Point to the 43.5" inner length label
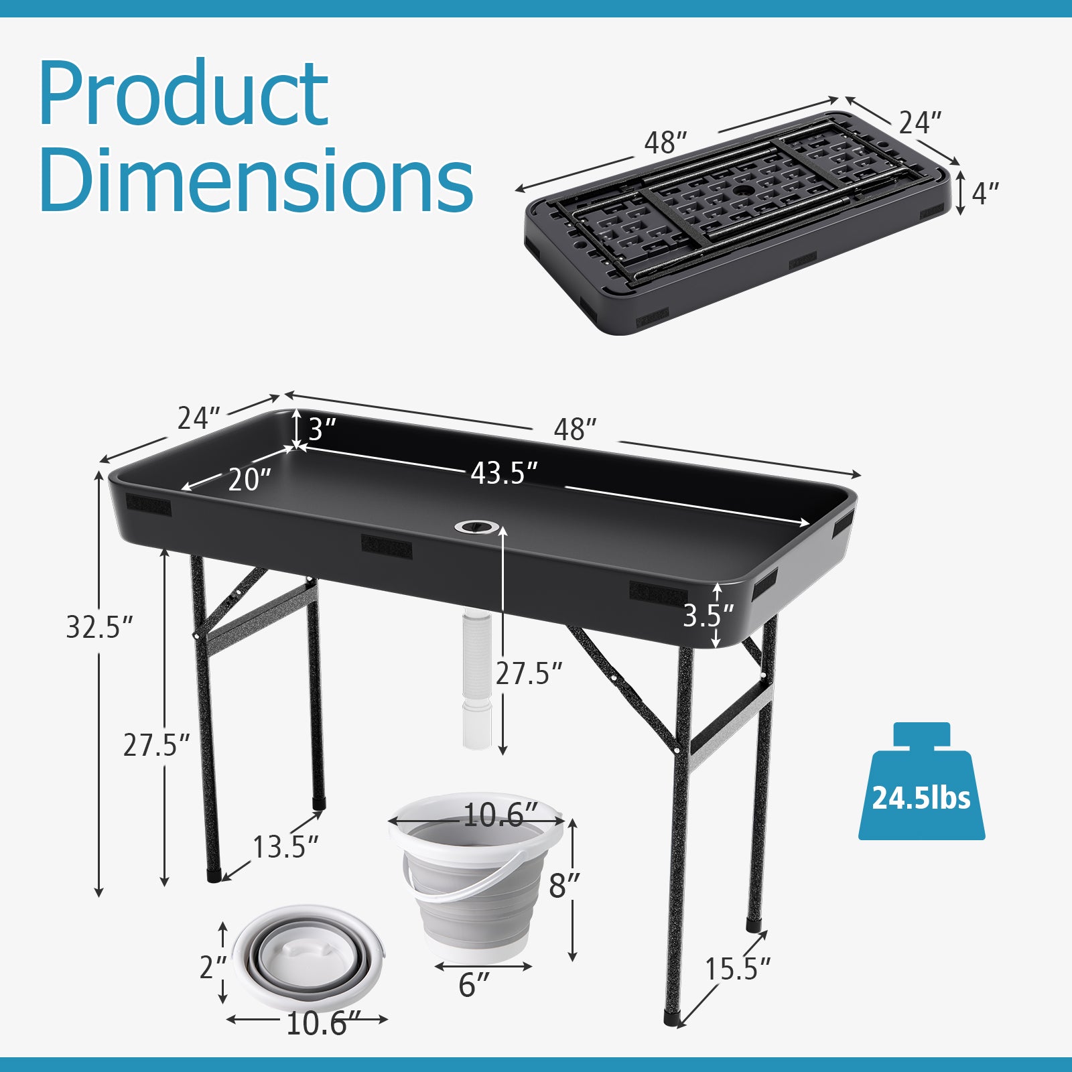click(x=504, y=474)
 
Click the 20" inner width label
click(x=249, y=480)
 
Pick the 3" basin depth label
click(x=321, y=429)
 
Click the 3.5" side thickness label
click(x=708, y=615)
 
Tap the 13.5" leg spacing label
click(x=284, y=848)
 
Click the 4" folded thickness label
click(x=984, y=194)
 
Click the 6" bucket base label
click(x=474, y=985)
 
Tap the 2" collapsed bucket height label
click(x=213, y=967)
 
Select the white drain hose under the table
click(x=476, y=677)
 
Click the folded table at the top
click(x=737, y=221)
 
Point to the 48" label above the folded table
click(x=665, y=142)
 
